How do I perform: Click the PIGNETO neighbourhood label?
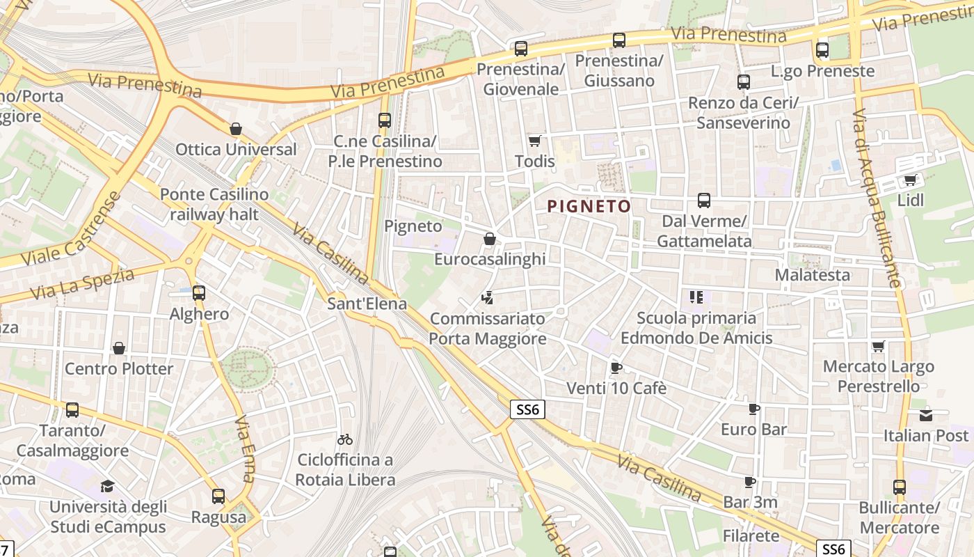[x=589, y=206]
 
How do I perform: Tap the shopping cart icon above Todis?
[x=534, y=141]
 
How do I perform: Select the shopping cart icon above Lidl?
[x=910, y=180]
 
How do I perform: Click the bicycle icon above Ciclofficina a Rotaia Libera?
[x=344, y=439]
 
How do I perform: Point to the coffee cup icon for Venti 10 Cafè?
[x=615, y=368]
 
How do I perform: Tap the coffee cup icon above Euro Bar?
[x=753, y=409]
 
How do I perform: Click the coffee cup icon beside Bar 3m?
[x=749, y=482]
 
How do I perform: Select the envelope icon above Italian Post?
[x=926, y=415]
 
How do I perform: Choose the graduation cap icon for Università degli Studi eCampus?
[x=107, y=486]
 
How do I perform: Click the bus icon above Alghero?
[x=199, y=293]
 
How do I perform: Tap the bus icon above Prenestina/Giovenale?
[x=521, y=49]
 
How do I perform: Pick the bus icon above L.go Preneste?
[x=822, y=50]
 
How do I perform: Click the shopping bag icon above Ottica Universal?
[x=236, y=129]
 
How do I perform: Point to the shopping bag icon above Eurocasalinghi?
[x=490, y=239]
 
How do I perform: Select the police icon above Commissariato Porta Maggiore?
[x=487, y=299]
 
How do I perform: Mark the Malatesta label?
[x=813, y=275]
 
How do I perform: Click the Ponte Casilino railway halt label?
[x=214, y=204]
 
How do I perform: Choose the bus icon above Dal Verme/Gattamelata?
[x=704, y=201]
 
